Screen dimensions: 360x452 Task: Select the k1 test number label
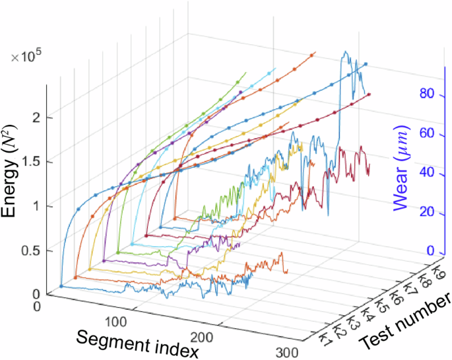324,339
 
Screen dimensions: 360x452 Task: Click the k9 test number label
436,271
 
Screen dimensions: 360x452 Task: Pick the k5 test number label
379,305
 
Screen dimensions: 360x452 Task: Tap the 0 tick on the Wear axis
430,252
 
